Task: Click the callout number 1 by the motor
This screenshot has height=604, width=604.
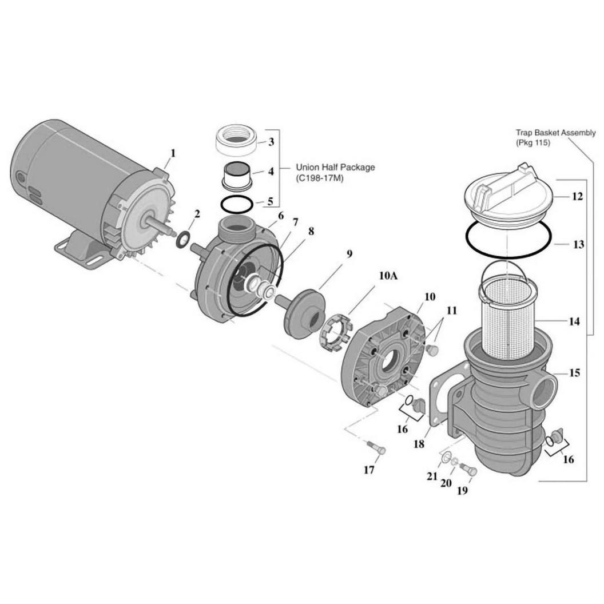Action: (173, 153)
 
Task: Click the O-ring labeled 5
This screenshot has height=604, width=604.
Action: (237, 203)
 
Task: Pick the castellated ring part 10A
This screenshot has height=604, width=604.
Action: (335, 333)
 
